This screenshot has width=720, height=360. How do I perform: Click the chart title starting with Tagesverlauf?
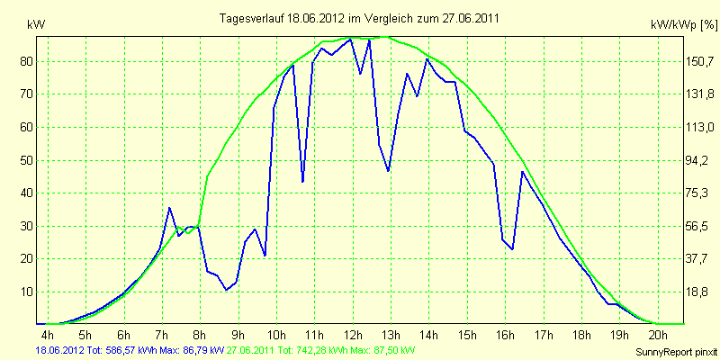point(359,18)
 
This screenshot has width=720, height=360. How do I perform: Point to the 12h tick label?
point(353,334)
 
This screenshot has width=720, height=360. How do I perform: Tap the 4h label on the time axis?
point(48,334)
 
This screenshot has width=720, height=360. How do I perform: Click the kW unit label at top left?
point(36,26)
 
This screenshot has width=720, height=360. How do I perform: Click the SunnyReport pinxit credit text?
point(676,352)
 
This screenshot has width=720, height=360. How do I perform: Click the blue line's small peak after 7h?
point(169,208)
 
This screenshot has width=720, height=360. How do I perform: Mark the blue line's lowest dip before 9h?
point(227,290)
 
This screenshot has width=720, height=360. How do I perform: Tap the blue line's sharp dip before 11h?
point(302,182)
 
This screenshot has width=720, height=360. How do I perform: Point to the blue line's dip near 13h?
point(389,171)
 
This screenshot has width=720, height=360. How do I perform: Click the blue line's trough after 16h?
point(512,249)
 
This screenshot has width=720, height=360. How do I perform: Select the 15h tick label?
point(467,334)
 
